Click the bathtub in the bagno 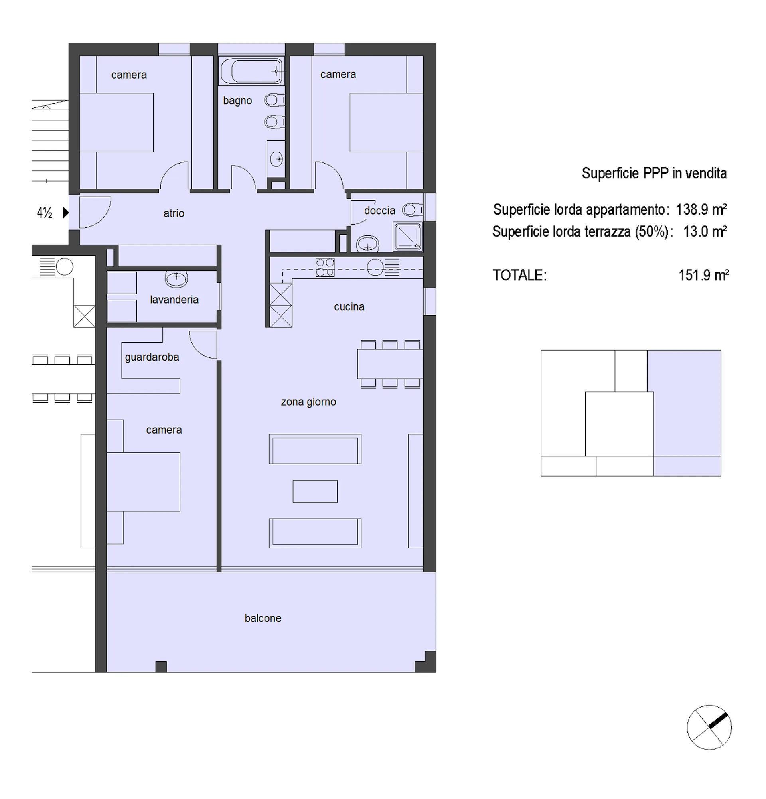251,71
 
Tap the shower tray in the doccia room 407,237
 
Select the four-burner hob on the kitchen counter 325,267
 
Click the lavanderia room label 174,300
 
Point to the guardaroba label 152,357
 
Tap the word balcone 263,618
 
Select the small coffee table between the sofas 315,491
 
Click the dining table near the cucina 390,364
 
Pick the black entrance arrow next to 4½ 66,212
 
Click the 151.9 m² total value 704,275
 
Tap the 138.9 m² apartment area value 701,209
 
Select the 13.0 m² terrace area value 705,231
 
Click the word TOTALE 519,275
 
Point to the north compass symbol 709,727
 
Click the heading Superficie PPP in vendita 654,173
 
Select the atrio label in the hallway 174,213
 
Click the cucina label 349,306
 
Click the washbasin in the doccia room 368,244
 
